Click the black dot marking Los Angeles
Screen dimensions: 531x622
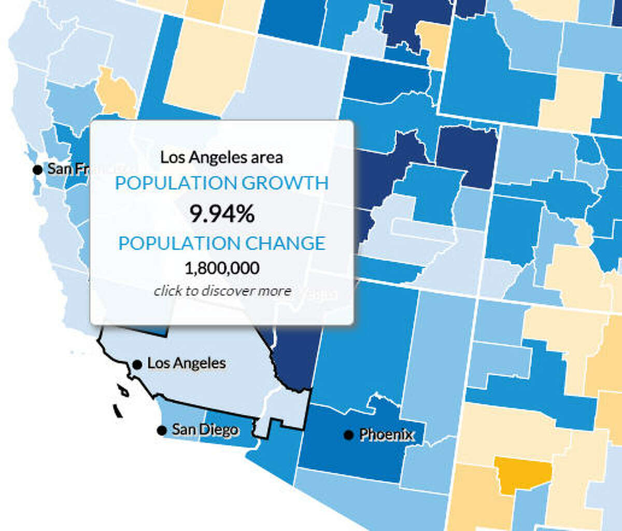pyautogui.click(x=137, y=364)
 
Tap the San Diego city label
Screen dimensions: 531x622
pyautogui.click(x=205, y=430)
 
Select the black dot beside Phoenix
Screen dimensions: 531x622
pyautogui.click(x=348, y=434)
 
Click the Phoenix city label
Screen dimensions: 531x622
pyautogui.click(x=387, y=434)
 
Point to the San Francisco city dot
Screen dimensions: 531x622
pyautogui.click(x=37, y=169)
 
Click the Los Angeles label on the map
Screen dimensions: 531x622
pyautogui.click(x=187, y=363)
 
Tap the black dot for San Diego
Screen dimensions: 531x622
pyautogui.click(x=162, y=430)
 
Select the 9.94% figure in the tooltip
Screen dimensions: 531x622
pyautogui.click(x=222, y=213)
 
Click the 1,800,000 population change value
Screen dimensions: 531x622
pyautogui.click(x=222, y=268)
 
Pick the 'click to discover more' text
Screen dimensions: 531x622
pyautogui.click(x=222, y=291)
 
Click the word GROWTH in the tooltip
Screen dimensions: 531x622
pyautogui.click(x=278, y=183)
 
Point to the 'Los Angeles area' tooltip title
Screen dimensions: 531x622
pyautogui.click(x=222, y=157)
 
